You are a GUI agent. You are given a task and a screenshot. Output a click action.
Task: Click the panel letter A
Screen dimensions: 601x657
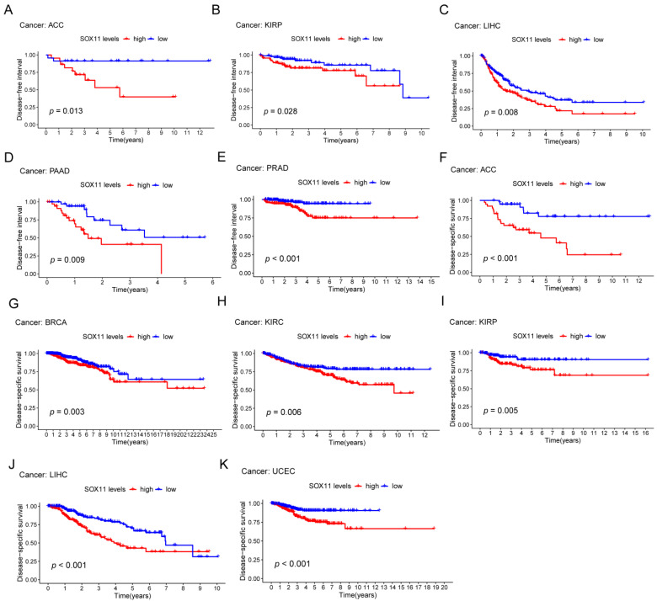tap(7, 8)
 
